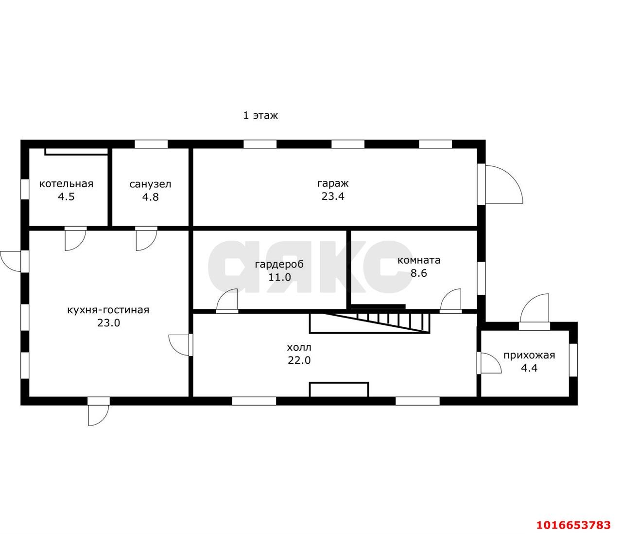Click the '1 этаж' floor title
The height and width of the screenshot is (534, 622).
[260, 115]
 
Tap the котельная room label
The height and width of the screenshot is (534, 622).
[66, 184]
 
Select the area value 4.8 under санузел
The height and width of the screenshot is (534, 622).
[150, 197]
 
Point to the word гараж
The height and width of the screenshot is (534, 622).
[332, 184]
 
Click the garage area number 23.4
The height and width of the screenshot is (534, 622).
[333, 196]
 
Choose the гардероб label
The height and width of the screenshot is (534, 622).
[279, 265]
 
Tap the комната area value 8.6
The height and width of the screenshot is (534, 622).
[418, 273]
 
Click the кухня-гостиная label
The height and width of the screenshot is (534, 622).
[108, 310]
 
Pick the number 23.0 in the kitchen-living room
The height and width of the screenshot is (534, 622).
[108, 323]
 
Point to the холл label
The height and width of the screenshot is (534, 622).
[299, 348]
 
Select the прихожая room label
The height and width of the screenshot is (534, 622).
[529, 356]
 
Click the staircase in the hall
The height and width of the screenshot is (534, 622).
[370, 323]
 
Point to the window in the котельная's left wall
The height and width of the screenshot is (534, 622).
[25, 189]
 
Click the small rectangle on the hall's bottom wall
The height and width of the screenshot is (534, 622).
[339, 390]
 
